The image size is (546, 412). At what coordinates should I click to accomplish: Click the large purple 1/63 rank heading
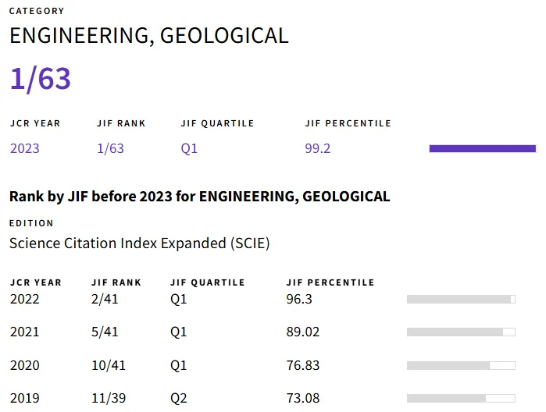pyautogui.click(x=41, y=79)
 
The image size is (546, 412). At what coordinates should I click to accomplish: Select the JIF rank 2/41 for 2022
pyautogui.click(x=105, y=299)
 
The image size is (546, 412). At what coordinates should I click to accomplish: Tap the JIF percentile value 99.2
pyautogui.click(x=318, y=148)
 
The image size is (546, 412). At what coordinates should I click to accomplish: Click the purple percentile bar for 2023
pyautogui.click(x=483, y=148)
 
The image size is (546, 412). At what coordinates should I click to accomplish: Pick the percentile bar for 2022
pyautogui.click(x=461, y=299)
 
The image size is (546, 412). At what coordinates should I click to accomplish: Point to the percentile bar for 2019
pyautogui.click(x=461, y=398)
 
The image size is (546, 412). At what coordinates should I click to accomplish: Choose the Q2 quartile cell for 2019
pyautogui.click(x=179, y=398)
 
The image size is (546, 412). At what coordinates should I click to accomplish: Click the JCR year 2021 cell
pyautogui.click(x=24, y=332)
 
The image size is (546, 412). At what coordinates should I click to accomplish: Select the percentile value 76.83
pyautogui.click(x=303, y=365)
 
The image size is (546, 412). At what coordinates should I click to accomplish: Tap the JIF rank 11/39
pyautogui.click(x=108, y=398)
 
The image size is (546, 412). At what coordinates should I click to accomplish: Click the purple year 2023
pyautogui.click(x=25, y=148)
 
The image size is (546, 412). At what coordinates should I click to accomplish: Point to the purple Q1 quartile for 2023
pyautogui.click(x=189, y=148)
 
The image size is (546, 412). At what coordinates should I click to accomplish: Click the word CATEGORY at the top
pyautogui.click(x=37, y=11)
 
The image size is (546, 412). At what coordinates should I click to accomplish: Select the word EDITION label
pyautogui.click(x=31, y=223)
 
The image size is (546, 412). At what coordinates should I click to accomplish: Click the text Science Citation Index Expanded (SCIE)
pyautogui.click(x=140, y=243)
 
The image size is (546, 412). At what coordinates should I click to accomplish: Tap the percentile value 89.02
pyautogui.click(x=303, y=332)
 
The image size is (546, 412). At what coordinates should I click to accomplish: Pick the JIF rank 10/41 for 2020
pyautogui.click(x=108, y=365)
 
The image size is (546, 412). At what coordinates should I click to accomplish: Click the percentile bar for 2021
pyautogui.click(x=461, y=332)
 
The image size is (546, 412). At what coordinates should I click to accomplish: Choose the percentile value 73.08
pyautogui.click(x=303, y=398)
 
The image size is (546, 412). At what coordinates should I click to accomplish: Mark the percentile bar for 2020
pyautogui.click(x=461, y=365)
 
